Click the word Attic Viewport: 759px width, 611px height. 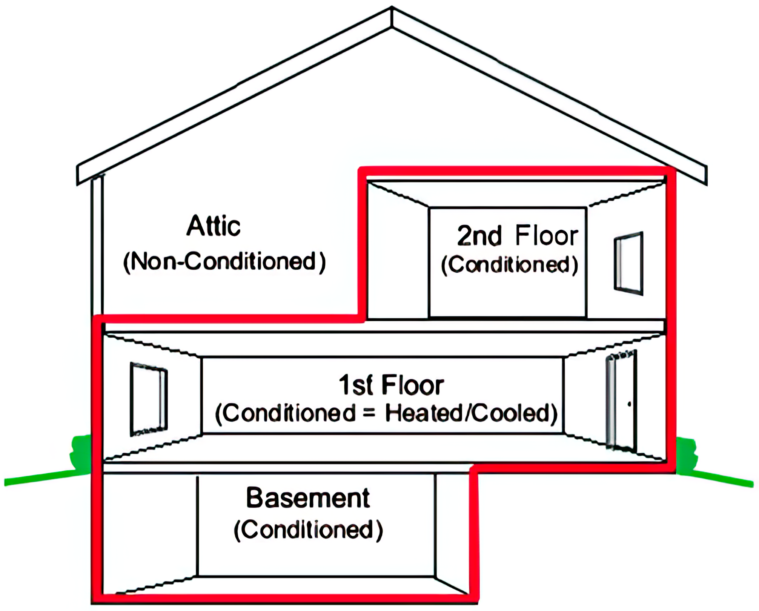click(x=214, y=226)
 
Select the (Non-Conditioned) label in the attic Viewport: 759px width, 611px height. click(x=224, y=261)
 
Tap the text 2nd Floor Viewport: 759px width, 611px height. click(x=518, y=236)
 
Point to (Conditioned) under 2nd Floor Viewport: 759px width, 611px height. click(x=510, y=265)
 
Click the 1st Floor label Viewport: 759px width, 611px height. click(x=391, y=385)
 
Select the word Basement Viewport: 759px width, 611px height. click(x=308, y=498)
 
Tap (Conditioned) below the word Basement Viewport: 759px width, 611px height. click(x=308, y=530)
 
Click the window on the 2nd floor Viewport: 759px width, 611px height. click(x=628, y=263)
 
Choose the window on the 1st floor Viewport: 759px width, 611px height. click(x=149, y=399)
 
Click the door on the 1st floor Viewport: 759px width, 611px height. click(x=621, y=401)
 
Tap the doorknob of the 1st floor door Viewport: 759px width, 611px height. click(x=629, y=404)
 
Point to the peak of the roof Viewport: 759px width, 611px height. click(x=392, y=8)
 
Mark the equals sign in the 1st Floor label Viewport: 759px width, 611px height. click(x=369, y=413)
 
